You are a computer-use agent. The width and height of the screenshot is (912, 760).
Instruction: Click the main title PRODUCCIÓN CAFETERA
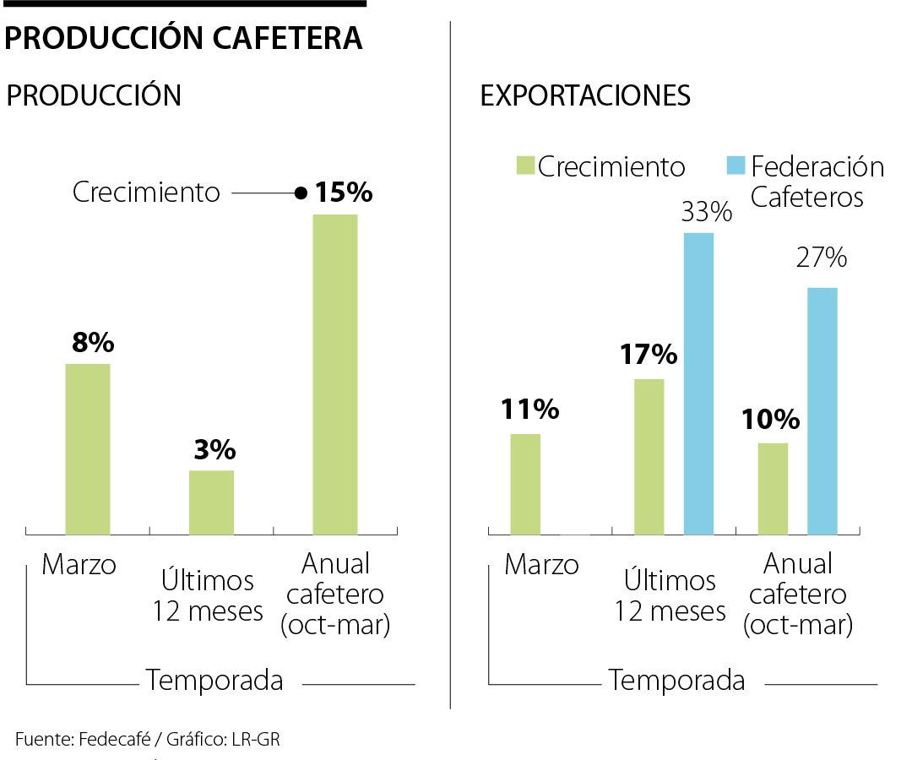[x=184, y=38]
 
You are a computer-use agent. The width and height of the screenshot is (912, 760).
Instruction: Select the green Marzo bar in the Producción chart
[x=88, y=448]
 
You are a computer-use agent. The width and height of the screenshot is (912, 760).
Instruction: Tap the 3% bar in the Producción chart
[x=211, y=502]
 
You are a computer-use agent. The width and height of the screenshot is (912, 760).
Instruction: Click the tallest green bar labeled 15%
[x=335, y=374]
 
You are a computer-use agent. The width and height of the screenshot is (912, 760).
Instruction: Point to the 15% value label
[x=343, y=193]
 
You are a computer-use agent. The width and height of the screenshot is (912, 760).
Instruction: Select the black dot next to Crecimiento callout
[x=300, y=193]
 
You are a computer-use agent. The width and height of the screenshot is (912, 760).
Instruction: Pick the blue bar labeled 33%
[x=698, y=383]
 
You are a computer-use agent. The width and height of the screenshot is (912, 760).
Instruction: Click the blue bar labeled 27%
[x=822, y=411]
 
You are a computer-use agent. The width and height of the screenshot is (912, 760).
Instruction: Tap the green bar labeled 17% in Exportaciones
[x=649, y=457]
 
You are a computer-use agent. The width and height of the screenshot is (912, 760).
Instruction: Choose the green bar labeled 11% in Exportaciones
[x=525, y=484]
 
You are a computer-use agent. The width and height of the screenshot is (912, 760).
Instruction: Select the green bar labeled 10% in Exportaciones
[x=773, y=488]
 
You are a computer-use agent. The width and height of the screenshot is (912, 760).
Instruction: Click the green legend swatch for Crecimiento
[x=525, y=166]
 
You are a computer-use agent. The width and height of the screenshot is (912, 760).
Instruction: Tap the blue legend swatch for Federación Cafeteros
[x=735, y=166]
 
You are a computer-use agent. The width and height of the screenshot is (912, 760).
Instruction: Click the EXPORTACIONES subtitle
[x=585, y=95]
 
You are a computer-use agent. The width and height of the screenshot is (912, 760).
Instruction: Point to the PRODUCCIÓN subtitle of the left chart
[x=94, y=95]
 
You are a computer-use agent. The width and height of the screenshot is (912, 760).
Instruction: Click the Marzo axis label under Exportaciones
[x=541, y=564]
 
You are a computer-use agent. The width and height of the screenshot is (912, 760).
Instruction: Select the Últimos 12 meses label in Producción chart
[x=208, y=595]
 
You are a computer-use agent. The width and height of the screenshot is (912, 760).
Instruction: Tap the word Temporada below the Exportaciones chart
[x=676, y=680]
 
